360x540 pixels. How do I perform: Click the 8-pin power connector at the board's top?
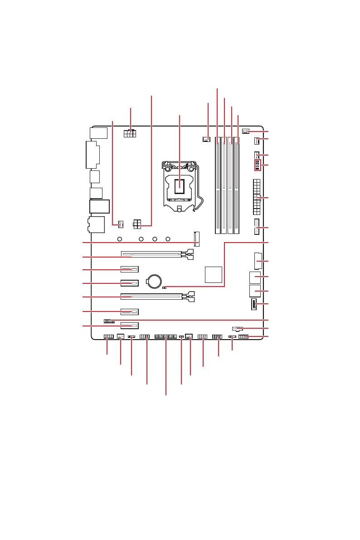[x=131, y=134]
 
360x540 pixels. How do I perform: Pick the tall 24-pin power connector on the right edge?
[x=256, y=197]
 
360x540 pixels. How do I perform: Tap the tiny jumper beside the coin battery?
[x=165, y=287]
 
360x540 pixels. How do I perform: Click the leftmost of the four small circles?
[x=120, y=239]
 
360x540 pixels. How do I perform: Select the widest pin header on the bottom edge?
[x=165, y=337]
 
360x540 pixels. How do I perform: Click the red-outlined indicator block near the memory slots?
[x=257, y=165]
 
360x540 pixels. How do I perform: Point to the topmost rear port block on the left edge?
[x=98, y=132]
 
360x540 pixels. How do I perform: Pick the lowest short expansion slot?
[x=129, y=326]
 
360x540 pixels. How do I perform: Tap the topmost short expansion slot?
[x=129, y=269]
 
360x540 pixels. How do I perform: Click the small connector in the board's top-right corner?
[x=245, y=131]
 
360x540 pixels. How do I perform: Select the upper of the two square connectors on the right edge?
[x=254, y=277]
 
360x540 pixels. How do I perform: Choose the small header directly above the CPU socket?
[x=207, y=139]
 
